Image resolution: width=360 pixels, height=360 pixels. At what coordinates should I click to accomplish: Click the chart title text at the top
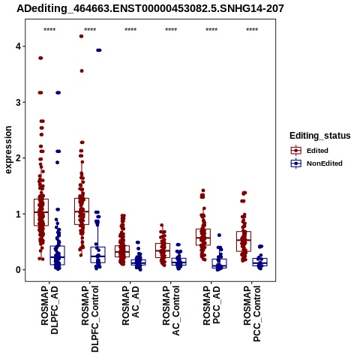click(x=150, y=9)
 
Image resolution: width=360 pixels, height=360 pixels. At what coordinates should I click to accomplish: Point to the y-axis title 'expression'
click(x=8, y=150)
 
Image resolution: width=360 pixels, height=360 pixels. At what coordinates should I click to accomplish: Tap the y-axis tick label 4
click(x=18, y=46)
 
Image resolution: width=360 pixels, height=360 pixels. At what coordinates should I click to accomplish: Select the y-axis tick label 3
click(x=18, y=102)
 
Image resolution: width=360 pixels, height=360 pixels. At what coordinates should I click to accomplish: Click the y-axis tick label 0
click(x=18, y=270)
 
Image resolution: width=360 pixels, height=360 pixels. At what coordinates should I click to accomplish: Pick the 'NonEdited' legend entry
click(x=316, y=163)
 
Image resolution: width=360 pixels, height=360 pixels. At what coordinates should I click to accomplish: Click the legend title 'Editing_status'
click(x=320, y=136)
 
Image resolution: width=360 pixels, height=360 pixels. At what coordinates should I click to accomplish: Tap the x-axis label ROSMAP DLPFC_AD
click(x=49, y=310)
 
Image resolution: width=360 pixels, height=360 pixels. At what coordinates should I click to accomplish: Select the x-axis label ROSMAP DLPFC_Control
click(x=90, y=319)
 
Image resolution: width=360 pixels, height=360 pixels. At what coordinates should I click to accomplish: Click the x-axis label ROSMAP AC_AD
click(x=130, y=305)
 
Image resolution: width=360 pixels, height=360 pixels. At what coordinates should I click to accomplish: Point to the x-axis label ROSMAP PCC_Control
click(x=252, y=313)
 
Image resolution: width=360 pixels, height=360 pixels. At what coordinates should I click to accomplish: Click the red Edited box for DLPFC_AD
click(x=41, y=212)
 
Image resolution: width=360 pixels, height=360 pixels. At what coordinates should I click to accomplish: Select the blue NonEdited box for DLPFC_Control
click(x=97, y=255)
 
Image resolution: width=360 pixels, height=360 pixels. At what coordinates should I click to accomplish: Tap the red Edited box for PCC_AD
click(x=203, y=237)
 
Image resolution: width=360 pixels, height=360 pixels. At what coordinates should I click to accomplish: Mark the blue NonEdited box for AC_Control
click(x=178, y=262)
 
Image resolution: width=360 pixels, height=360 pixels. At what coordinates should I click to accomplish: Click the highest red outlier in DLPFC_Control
click(x=81, y=36)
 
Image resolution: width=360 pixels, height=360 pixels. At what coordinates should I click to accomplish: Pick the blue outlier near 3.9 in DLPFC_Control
click(x=99, y=50)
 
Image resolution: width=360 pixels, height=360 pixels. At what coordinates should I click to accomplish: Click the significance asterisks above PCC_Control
click(x=252, y=30)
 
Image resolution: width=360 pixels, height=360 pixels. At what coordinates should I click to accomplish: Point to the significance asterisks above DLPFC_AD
click(x=49, y=30)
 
